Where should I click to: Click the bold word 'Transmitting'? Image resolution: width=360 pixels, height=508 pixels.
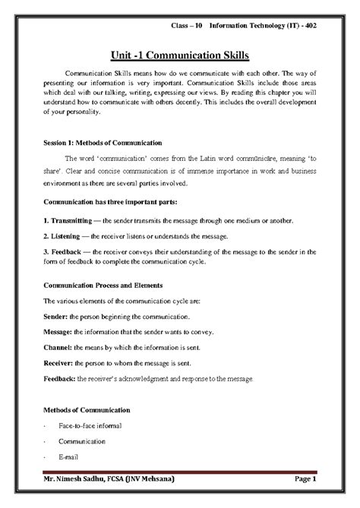click(x=72, y=220)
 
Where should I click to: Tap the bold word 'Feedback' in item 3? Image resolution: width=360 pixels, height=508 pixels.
click(x=67, y=252)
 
